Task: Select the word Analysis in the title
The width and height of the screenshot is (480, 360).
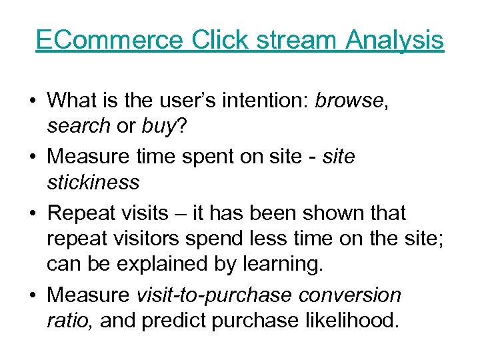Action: pyautogui.click(x=395, y=40)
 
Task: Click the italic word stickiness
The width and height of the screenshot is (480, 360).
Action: pyautogui.click(x=93, y=181)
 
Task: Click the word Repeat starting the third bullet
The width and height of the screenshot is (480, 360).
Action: pyautogui.click(x=83, y=213)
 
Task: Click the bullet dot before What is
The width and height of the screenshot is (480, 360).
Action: pyautogui.click(x=32, y=101)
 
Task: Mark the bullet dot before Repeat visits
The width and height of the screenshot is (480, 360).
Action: pyautogui.click(x=32, y=214)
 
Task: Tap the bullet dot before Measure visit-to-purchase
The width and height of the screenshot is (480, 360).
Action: pyautogui.click(x=32, y=295)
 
